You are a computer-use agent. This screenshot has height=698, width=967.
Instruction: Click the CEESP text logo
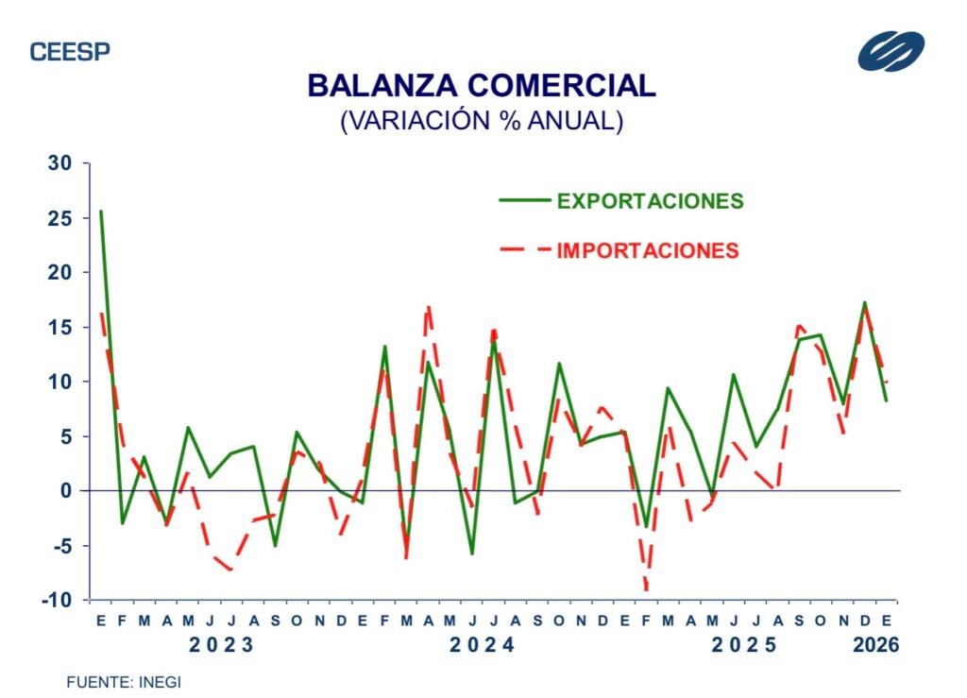click(70, 52)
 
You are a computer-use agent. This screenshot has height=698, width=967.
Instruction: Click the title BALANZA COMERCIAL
click(482, 86)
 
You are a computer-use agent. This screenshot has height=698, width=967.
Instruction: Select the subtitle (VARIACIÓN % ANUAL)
click(482, 121)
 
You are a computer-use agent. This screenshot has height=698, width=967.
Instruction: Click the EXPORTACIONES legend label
click(650, 201)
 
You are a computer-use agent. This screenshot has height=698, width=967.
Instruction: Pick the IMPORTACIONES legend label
click(648, 250)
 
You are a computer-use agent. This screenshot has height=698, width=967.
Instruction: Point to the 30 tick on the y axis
click(60, 163)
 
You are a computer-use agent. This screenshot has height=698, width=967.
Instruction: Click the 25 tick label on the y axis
click(60, 218)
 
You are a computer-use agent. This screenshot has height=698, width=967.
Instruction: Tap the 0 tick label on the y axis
click(67, 491)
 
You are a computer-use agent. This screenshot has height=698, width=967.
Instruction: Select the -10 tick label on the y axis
click(58, 600)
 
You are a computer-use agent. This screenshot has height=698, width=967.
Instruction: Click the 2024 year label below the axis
click(481, 646)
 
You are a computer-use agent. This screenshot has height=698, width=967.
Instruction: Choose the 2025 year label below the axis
click(743, 646)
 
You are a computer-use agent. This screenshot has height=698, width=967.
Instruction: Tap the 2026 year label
click(875, 646)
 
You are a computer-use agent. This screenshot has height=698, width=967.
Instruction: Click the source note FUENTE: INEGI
click(123, 681)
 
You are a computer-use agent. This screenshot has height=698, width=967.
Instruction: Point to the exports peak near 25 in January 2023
click(101, 212)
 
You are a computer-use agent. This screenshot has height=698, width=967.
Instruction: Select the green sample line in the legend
click(523, 200)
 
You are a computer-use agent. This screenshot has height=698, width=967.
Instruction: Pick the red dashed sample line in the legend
click(523, 250)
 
